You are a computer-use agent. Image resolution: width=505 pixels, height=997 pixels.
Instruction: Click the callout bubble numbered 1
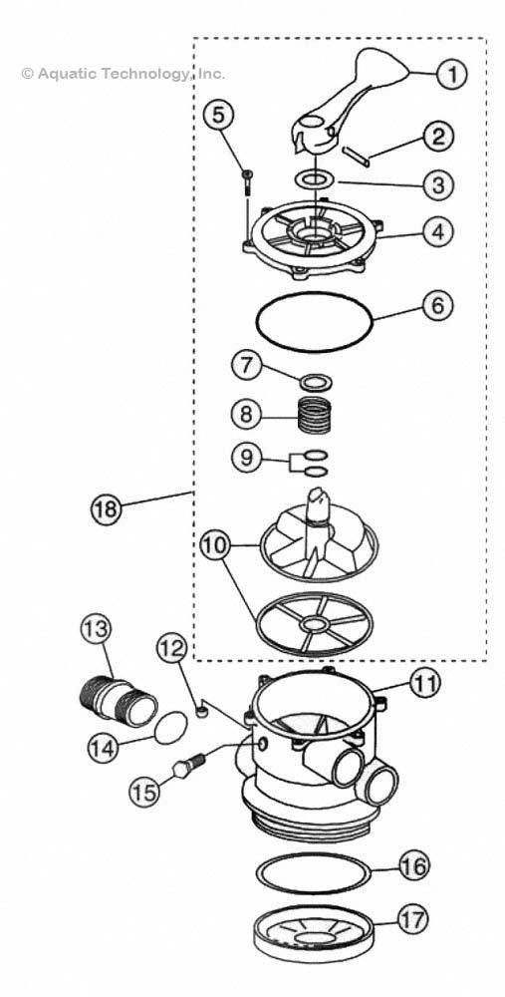(x=451, y=73)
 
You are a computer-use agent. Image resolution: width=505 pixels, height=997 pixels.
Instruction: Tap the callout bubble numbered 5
(x=220, y=115)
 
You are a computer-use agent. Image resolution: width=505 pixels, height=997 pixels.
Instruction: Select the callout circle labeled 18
(x=105, y=508)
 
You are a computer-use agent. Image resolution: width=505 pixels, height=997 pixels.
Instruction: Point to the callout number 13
(x=97, y=629)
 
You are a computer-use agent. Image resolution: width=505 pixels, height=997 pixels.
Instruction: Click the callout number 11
(x=425, y=684)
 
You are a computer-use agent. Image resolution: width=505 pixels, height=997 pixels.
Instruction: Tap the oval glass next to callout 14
(x=173, y=728)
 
